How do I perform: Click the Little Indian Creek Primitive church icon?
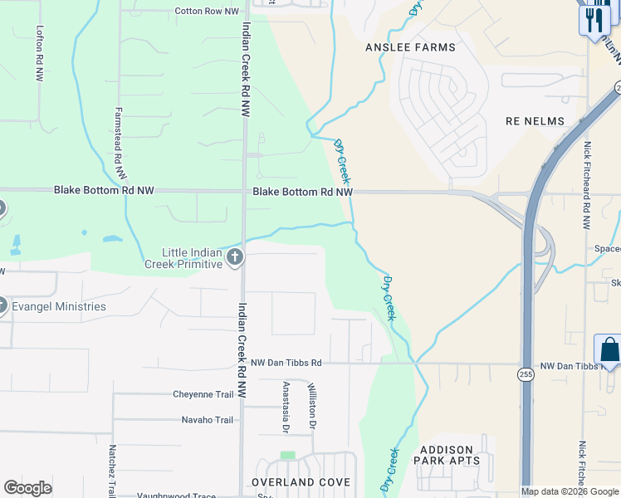pos(235,256)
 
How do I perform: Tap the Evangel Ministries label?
pos(58,306)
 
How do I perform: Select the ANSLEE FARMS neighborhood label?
pos(410,47)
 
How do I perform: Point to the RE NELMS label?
pos(535,121)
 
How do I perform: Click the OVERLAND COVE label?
pos(301,482)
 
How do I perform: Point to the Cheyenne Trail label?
pos(203,394)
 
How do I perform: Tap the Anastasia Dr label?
pos(286,408)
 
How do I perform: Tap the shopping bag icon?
pos(609,350)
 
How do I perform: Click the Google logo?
pos(28,488)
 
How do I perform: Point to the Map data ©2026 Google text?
pos(570,491)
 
